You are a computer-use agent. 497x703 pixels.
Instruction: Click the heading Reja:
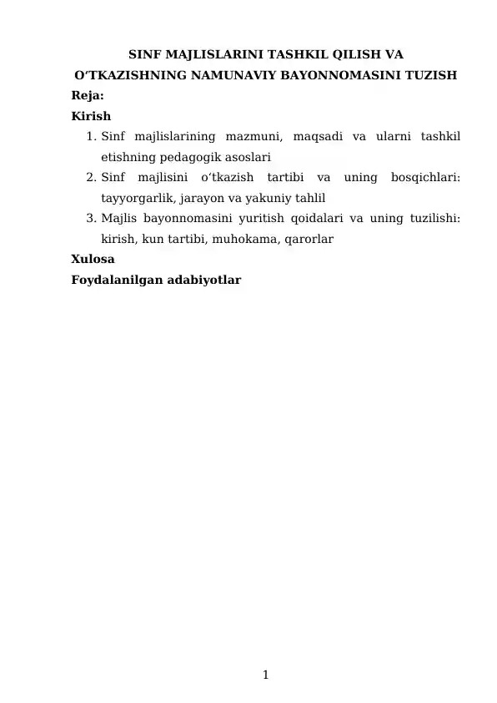88,96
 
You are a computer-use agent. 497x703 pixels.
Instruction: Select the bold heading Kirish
91,116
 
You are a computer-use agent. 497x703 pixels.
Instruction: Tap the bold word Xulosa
93,260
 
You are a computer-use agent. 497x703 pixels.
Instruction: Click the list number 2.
91,177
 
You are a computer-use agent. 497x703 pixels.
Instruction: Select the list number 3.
91,219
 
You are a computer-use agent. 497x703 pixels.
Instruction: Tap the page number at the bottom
264,675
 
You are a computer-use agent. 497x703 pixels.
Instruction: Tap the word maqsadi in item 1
318,136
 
